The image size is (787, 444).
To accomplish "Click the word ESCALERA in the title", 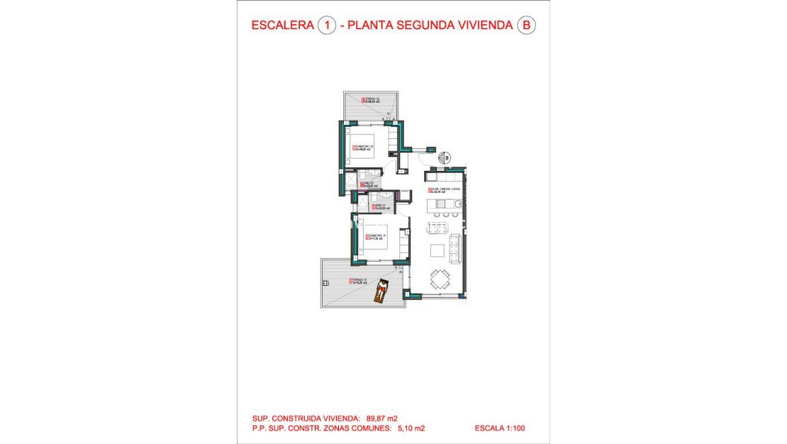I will point(283,26).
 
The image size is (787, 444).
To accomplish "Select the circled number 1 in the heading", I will point(326,26).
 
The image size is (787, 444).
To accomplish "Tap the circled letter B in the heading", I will point(525,26).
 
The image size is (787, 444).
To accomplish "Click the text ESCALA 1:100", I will point(500,428).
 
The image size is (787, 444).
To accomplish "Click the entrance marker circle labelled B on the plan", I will point(447,157).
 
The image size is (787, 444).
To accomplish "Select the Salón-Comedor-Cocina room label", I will point(444,190).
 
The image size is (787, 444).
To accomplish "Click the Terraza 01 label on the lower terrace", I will point(359,281).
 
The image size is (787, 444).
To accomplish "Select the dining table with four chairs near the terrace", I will point(441,278).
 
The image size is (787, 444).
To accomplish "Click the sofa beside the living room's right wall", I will point(456,247).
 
